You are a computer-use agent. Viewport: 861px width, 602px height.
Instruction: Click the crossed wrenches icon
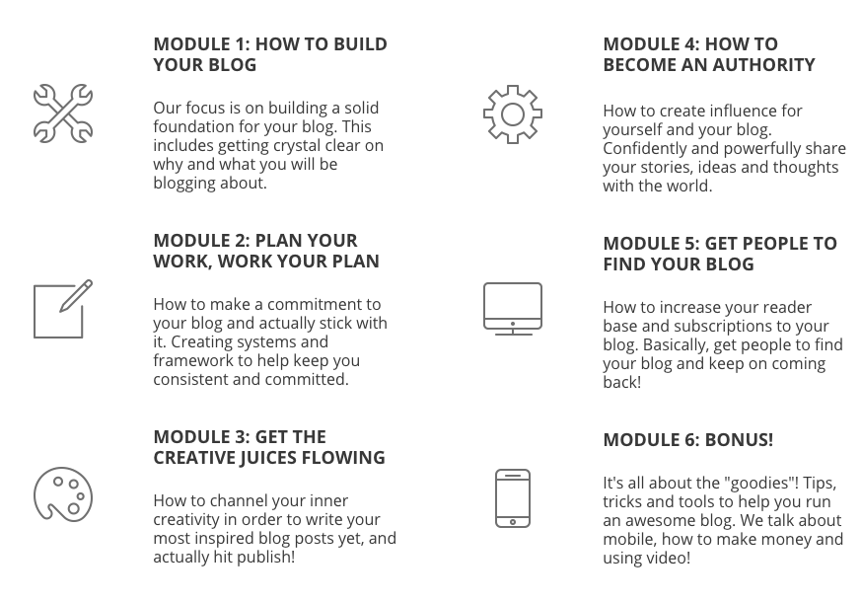pos(63,113)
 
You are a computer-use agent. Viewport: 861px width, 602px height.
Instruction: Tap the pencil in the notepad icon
pos(76,296)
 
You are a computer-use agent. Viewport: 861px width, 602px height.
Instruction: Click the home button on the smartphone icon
pos(513,522)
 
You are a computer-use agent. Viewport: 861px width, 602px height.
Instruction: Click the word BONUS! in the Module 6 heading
pos(739,440)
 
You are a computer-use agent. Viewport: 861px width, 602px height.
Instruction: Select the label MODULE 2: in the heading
pos(201,241)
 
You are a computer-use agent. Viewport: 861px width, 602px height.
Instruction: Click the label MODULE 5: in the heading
pos(651,244)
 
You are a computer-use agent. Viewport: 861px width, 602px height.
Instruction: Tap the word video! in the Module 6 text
pos(668,558)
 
